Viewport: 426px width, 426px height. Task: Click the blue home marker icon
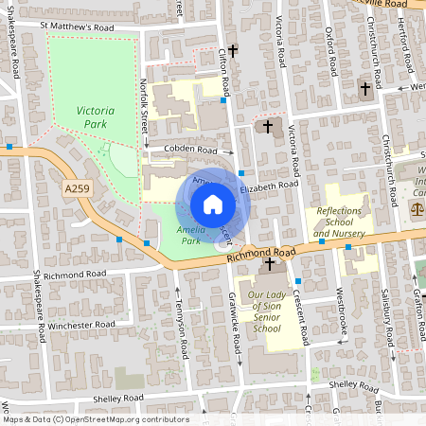click(213, 204)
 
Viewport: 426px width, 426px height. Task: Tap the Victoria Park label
click(96, 117)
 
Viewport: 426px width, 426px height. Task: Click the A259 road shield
click(78, 190)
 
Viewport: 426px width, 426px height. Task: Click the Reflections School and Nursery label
click(339, 222)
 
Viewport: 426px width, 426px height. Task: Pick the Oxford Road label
click(330, 55)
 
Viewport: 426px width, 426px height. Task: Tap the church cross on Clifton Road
click(232, 54)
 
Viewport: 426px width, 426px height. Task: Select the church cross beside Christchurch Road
click(364, 88)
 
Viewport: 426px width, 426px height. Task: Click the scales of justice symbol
click(416, 205)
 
